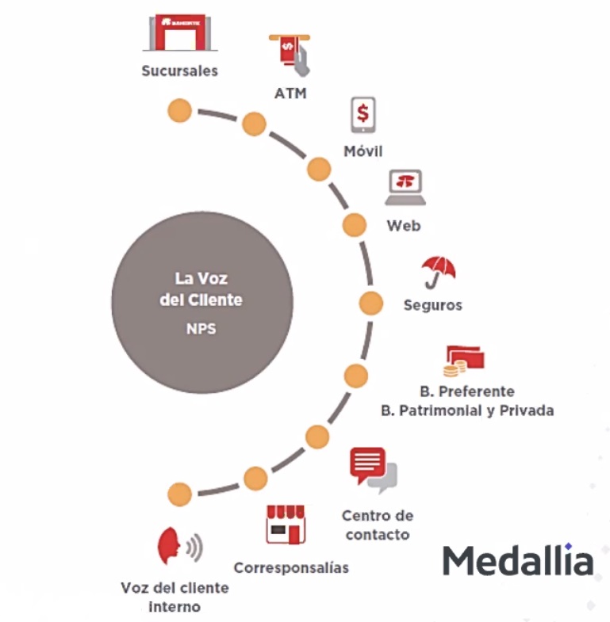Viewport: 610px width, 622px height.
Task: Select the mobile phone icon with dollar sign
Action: (x=363, y=116)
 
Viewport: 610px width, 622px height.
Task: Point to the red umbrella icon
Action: (x=437, y=272)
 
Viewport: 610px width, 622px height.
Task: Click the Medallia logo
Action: (x=517, y=560)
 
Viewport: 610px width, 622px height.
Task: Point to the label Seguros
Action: (x=432, y=305)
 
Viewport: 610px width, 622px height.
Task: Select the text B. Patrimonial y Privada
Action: (x=467, y=410)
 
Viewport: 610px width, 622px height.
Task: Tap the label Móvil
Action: (x=363, y=151)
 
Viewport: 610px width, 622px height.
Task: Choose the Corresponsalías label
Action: (x=291, y=567)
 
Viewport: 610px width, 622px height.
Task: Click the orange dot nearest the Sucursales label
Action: (x=180, y=110)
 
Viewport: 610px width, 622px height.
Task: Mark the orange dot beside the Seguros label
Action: (x=371, y=303)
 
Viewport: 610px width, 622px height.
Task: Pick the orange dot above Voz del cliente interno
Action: (x=180, y=494)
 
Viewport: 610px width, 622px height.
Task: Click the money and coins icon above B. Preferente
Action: (x=464, y=361)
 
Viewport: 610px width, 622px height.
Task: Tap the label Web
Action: (x=404, y=226)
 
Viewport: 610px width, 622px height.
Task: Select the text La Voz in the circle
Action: (x=201, y=279)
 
